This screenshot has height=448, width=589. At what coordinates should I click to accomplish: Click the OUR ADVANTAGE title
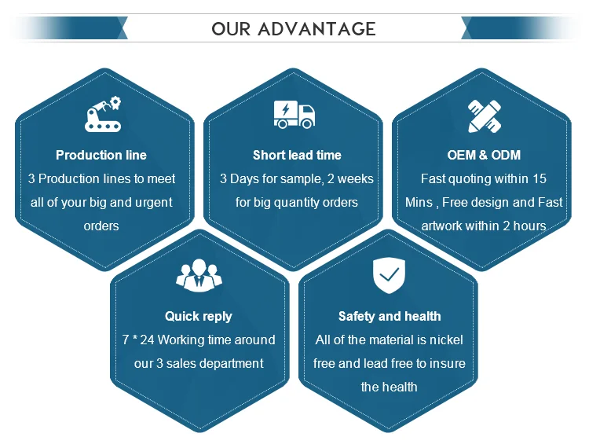click(x=294, y=29)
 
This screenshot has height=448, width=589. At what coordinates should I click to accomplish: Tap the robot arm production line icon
click(x=103, y=114)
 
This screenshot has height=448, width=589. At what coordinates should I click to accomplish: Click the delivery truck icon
click(x=294, y=114)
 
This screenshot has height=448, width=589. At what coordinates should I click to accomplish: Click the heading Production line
click(x=101, y=155)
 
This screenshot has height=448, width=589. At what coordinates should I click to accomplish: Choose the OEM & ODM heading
click(x=483, y=155)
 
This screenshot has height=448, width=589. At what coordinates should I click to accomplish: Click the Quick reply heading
click(x=199, y=316)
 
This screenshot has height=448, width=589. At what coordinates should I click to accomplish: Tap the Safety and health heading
click(x=390, y=316)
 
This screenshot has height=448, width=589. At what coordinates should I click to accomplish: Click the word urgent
click(x=152, y=202)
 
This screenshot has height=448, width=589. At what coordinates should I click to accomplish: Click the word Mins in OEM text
click(x=419, y=202)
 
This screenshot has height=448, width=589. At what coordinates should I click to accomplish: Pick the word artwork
click(x=444, y=226)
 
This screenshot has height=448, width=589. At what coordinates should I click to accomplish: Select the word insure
click(x=446, y=363)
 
